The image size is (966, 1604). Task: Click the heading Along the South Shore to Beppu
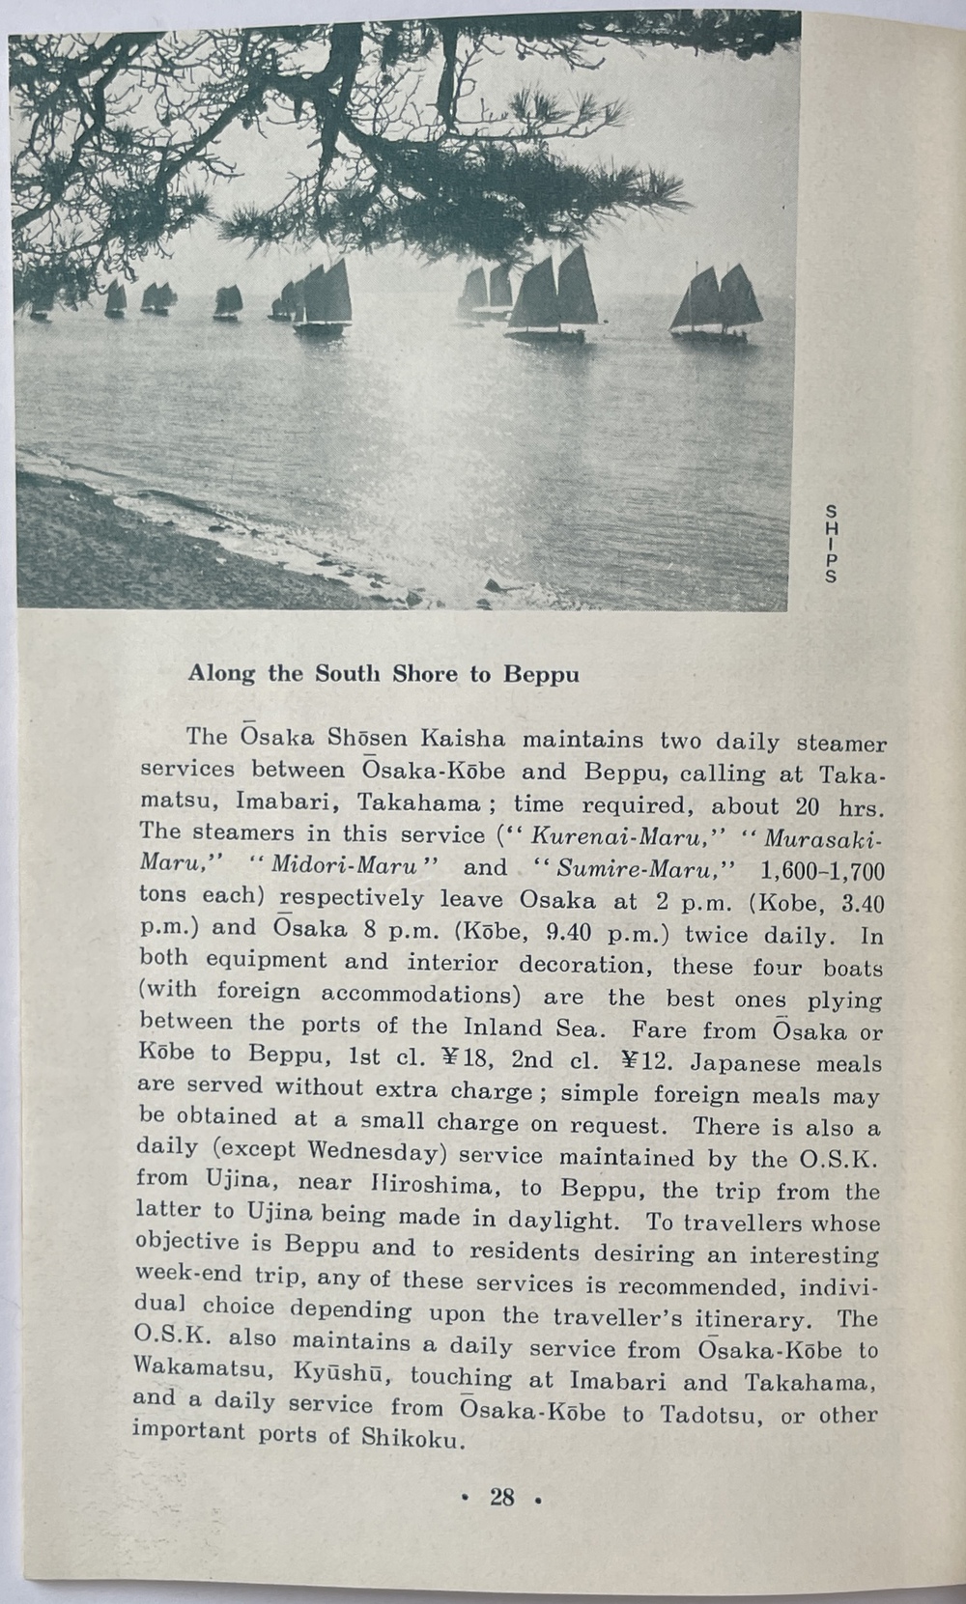384,673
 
